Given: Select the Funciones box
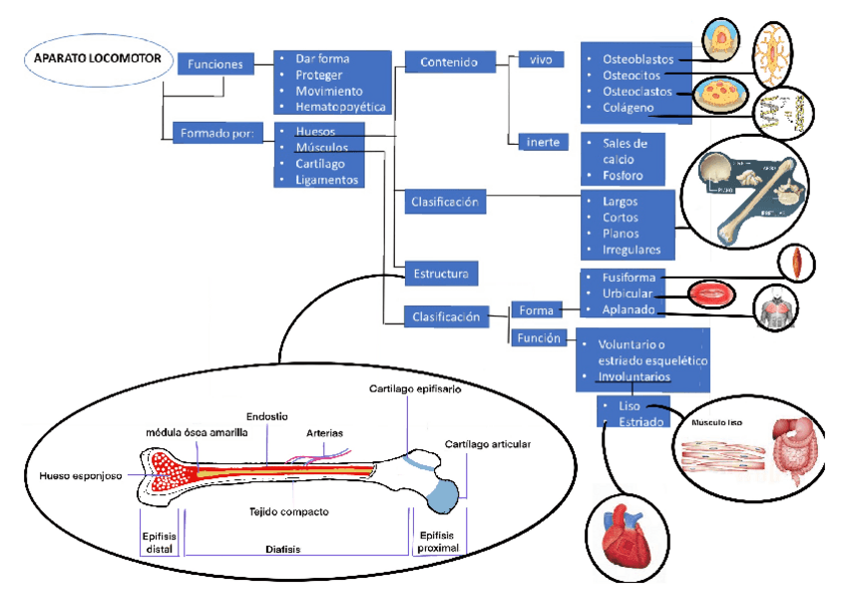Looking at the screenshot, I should coord(214,64).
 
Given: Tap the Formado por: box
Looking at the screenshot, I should coord(218,132).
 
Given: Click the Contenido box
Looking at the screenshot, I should coord(443,63).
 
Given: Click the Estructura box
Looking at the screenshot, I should coord(444,272).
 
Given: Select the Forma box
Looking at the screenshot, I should coord(537,309).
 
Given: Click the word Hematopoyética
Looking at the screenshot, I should coord(341,107).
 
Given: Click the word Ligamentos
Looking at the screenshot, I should coord(327,180).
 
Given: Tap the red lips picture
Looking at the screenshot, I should coord(709,294).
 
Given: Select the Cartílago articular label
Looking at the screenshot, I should coord(488,443).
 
